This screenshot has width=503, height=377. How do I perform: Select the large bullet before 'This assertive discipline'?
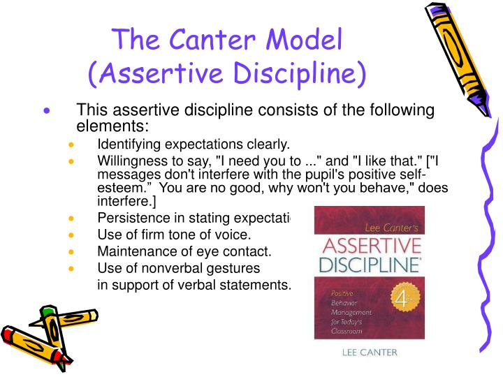47,111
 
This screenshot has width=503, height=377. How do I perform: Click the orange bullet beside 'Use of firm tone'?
73,235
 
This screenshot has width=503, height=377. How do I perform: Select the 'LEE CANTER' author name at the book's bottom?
369,352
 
